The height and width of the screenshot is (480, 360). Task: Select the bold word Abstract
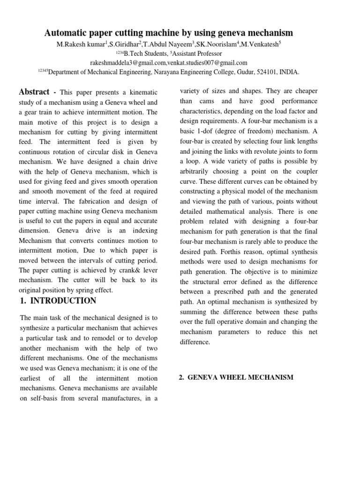[x=34, y=92]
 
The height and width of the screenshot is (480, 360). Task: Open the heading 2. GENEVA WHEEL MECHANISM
[x=237, y=377]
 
